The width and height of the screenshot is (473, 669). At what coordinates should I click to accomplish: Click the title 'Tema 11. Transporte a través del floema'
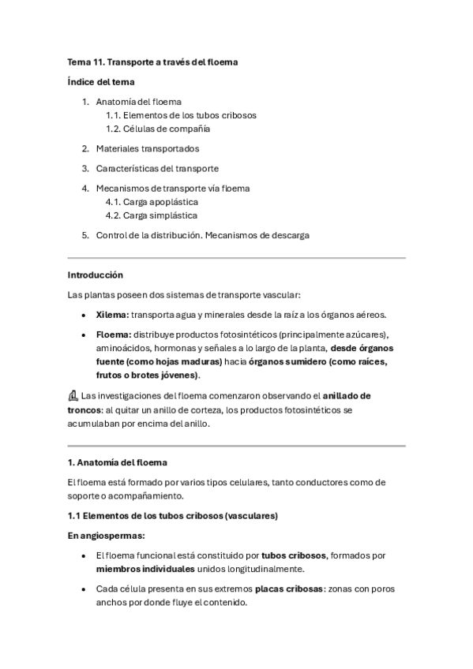pyautogui.click(x=152, y=62)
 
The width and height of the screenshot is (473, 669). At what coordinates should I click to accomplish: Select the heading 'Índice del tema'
pyautogui.click(x=101, y=81)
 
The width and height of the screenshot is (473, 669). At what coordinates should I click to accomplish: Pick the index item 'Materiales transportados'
pyautogui.click(x=148, y=148)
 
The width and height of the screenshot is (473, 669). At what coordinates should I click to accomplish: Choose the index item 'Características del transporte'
pyautogui.click(x=157, y=168)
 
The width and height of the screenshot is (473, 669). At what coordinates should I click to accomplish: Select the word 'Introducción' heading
pyautogui.click(x=96, y=275)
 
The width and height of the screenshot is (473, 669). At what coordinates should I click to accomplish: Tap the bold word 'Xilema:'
pyautogui.click(x=113, y=314)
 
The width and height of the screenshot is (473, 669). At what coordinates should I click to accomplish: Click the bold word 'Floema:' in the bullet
pyautogui.click(x=114, y=334)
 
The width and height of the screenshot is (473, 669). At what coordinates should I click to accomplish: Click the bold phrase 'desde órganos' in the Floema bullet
pyautogui.click(x=362, y=348)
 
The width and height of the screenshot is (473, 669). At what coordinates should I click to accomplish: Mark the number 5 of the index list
pyautogui.click(x=85, y=235)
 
